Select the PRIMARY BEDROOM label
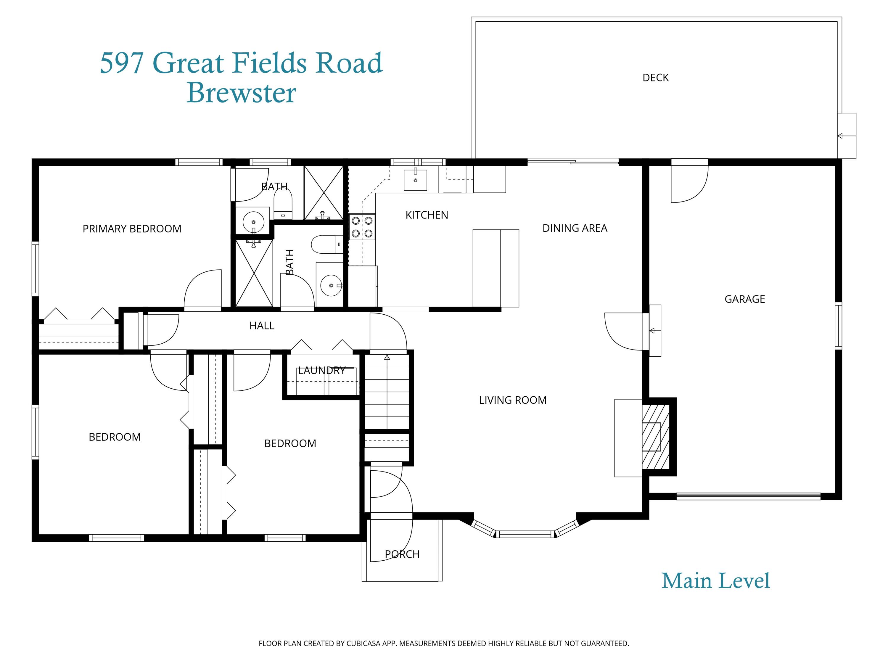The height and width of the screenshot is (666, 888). (132, 229)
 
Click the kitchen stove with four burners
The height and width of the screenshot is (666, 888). (362, 227)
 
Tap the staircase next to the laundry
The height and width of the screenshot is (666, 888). (387, 391)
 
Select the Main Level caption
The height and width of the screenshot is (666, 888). (715, 581)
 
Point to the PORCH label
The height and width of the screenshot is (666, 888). (402, 554)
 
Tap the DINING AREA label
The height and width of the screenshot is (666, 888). (575, 228)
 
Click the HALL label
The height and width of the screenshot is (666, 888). (262, 326)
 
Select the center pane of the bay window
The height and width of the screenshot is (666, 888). (525, 534)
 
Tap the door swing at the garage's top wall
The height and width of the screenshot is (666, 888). (690, 184)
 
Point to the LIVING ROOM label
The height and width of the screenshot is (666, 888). (512, 400)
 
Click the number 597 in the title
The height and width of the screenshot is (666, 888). (121, 63)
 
